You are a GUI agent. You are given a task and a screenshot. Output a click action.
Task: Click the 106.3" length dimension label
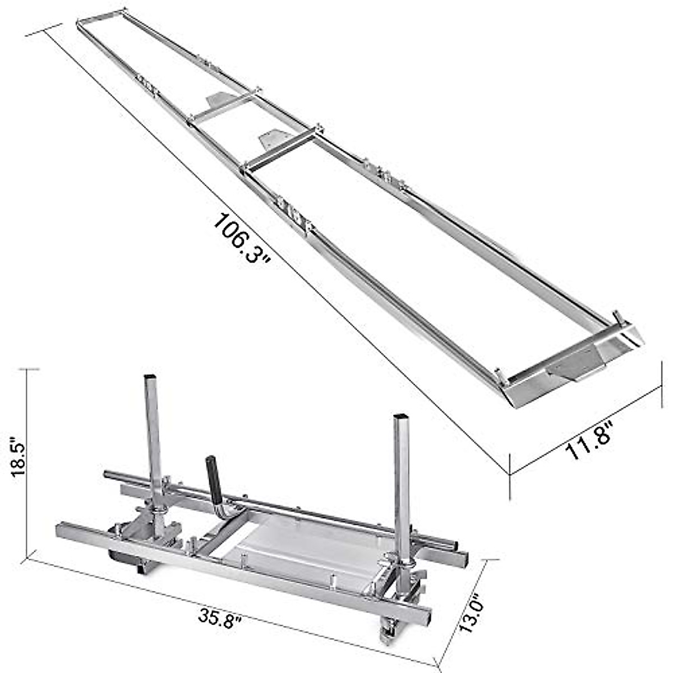pos(242,239)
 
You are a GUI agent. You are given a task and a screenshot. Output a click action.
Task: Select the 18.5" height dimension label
pos(19,457)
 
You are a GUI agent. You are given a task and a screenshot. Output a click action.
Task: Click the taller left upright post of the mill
pos(153,443)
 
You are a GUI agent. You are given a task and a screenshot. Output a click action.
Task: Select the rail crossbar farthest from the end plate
pos(224,107)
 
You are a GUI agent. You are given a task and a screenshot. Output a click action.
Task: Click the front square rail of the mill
pos(241,566)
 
